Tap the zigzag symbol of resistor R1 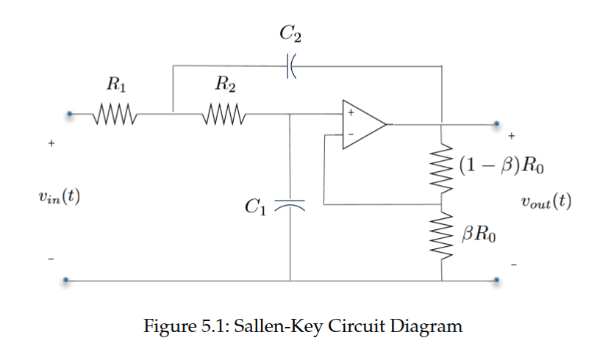click(113, 115)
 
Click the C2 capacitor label click(290, 34)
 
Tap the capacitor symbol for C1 click(290, 204)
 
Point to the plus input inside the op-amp click(351, 114)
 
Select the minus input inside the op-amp click(351, 134)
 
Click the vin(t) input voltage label click(58, 197)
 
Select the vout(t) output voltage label click(546, 201)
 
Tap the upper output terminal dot click(497, 123)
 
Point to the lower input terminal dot click(67, 280)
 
